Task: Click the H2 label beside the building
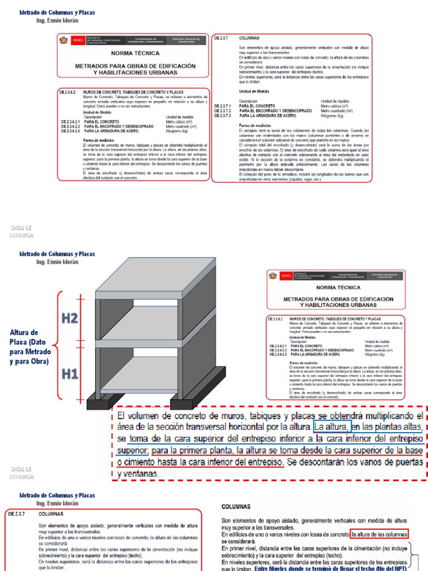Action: point(70,319)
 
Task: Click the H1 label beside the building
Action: point(70,374)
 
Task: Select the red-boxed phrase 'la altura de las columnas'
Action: point(380,534)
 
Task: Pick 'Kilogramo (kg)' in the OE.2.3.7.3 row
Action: point(333,115)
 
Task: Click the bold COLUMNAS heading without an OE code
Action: point(236,507)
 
